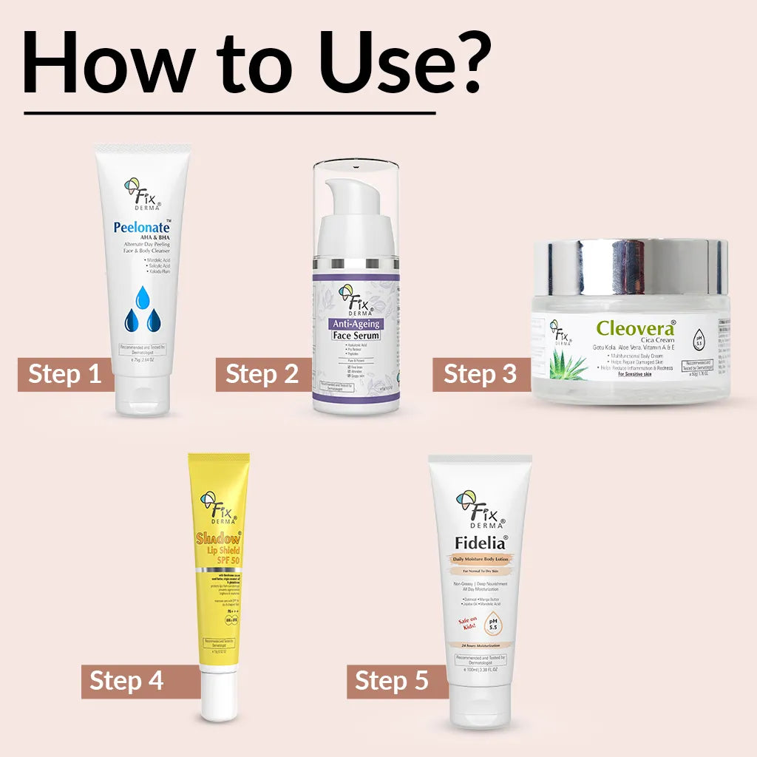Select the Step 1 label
pyautogui.click(x=65, y=374)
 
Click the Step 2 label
pyautogui.click(x=262, y=374)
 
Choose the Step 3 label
pyautogui.click(x=481, y=374)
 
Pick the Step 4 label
pyautogui.click(x=127, y=680)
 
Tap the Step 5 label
pyautogui.click(x=393, y=680)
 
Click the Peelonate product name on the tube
pyautogui.click(x=141, y=228)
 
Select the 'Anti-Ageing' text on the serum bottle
pyautogui.click(x=356, y=322)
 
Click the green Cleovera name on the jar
pyautogui.click(x=635, y=328)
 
